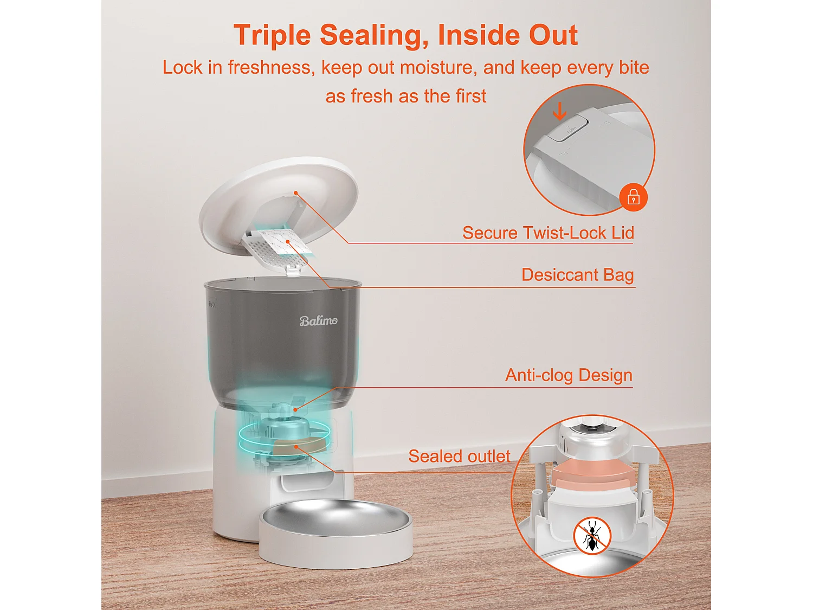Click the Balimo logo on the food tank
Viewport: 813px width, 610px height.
[x=319, y=320]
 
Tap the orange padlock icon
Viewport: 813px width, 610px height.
[x=633, y=197]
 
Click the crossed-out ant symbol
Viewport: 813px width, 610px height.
[x=592, y=536]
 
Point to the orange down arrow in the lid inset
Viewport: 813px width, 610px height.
[x=559, y=112]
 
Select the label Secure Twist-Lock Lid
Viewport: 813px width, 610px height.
[x=548, y=233]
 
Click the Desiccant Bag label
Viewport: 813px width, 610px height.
[x=577, y=275]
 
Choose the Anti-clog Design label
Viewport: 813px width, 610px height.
[x=569, y=375]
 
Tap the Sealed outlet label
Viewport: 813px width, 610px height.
[x=459, y=456]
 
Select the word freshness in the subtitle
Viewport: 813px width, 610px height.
[x=269, y=67]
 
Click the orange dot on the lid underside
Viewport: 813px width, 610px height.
[x=296, y=192]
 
